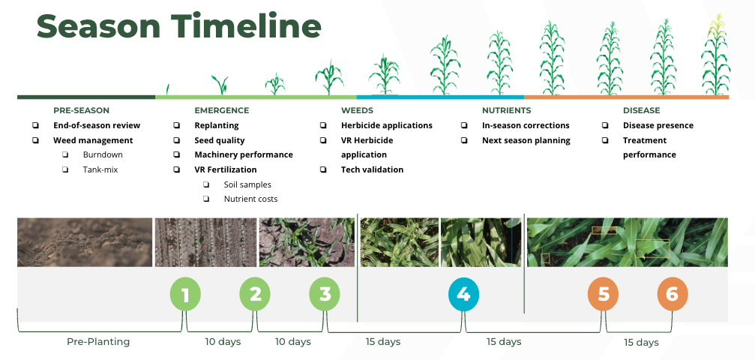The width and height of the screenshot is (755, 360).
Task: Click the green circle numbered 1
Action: pyautogui.click(x=185, y=293)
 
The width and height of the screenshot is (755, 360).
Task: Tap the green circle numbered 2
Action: pyautogui.click(x=255, y=293)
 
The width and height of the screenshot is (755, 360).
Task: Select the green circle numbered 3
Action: pyautogui.click(x=325, y=293)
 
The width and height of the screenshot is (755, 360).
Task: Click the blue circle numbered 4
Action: pyautogui.click(x=463, y=293)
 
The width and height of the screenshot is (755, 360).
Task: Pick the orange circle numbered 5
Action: pyautogui.click(x=604, y=293)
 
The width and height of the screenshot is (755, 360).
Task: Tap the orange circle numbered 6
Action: pyautogui.click(x=673, y=293)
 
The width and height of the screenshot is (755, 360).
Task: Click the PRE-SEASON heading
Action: pyautogui.click(x=82, y=110)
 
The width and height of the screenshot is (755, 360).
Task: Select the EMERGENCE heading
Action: pyautogui.click(x=222, y=110)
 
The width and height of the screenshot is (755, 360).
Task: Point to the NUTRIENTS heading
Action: pyautogui.click(x=507, y=110)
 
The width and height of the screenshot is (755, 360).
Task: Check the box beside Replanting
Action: pyautogui.click(x=177, y=125)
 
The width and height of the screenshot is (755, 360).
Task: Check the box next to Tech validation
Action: pyautogui.click(x=323, y=169)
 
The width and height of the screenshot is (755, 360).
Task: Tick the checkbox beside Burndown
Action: pyautogui.click(x=65, y=154)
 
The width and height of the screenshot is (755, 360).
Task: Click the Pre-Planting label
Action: pyautogui.click(x=98, y=342)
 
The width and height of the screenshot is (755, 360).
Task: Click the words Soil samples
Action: pyautogui.click(x=247, y=184)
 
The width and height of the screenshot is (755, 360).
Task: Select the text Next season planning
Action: pyautogui.click(x=526, y=140)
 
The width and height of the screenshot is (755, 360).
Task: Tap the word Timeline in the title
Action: pyautogui.click(x=246, y=25)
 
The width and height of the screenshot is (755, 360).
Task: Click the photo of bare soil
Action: pyautogui.click(x=85, y=242)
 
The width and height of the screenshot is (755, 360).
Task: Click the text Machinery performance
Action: pyautogui.click(x=244, y=154)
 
